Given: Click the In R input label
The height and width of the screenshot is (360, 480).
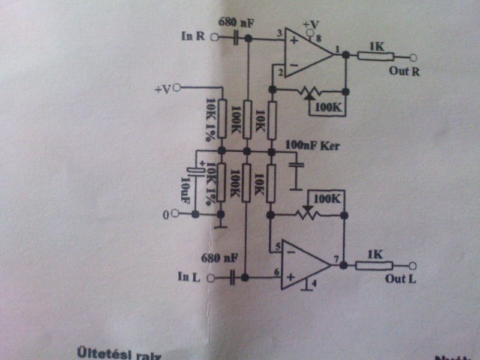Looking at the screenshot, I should pyautogui.click(x=193, y=36).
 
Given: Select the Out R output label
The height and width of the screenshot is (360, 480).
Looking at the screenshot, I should pyautogui.click(x=400, y=71).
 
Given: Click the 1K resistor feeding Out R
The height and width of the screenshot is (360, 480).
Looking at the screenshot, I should pyautogui.click(x=375, y=57).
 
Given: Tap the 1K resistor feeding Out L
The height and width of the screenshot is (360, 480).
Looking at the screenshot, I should pyautogui.click(x=374, y=265).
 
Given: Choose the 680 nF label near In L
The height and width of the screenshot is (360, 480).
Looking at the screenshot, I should pyautogui.click(x=219, y=259).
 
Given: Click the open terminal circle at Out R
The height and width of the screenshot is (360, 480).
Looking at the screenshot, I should pyautogui.click(x=413, y=58).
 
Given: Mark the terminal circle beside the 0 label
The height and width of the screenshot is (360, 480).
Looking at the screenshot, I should pyautogui.click(x=175, y=213).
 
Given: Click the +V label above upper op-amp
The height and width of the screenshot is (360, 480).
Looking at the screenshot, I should pyautogui.click(x=311, y=24).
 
